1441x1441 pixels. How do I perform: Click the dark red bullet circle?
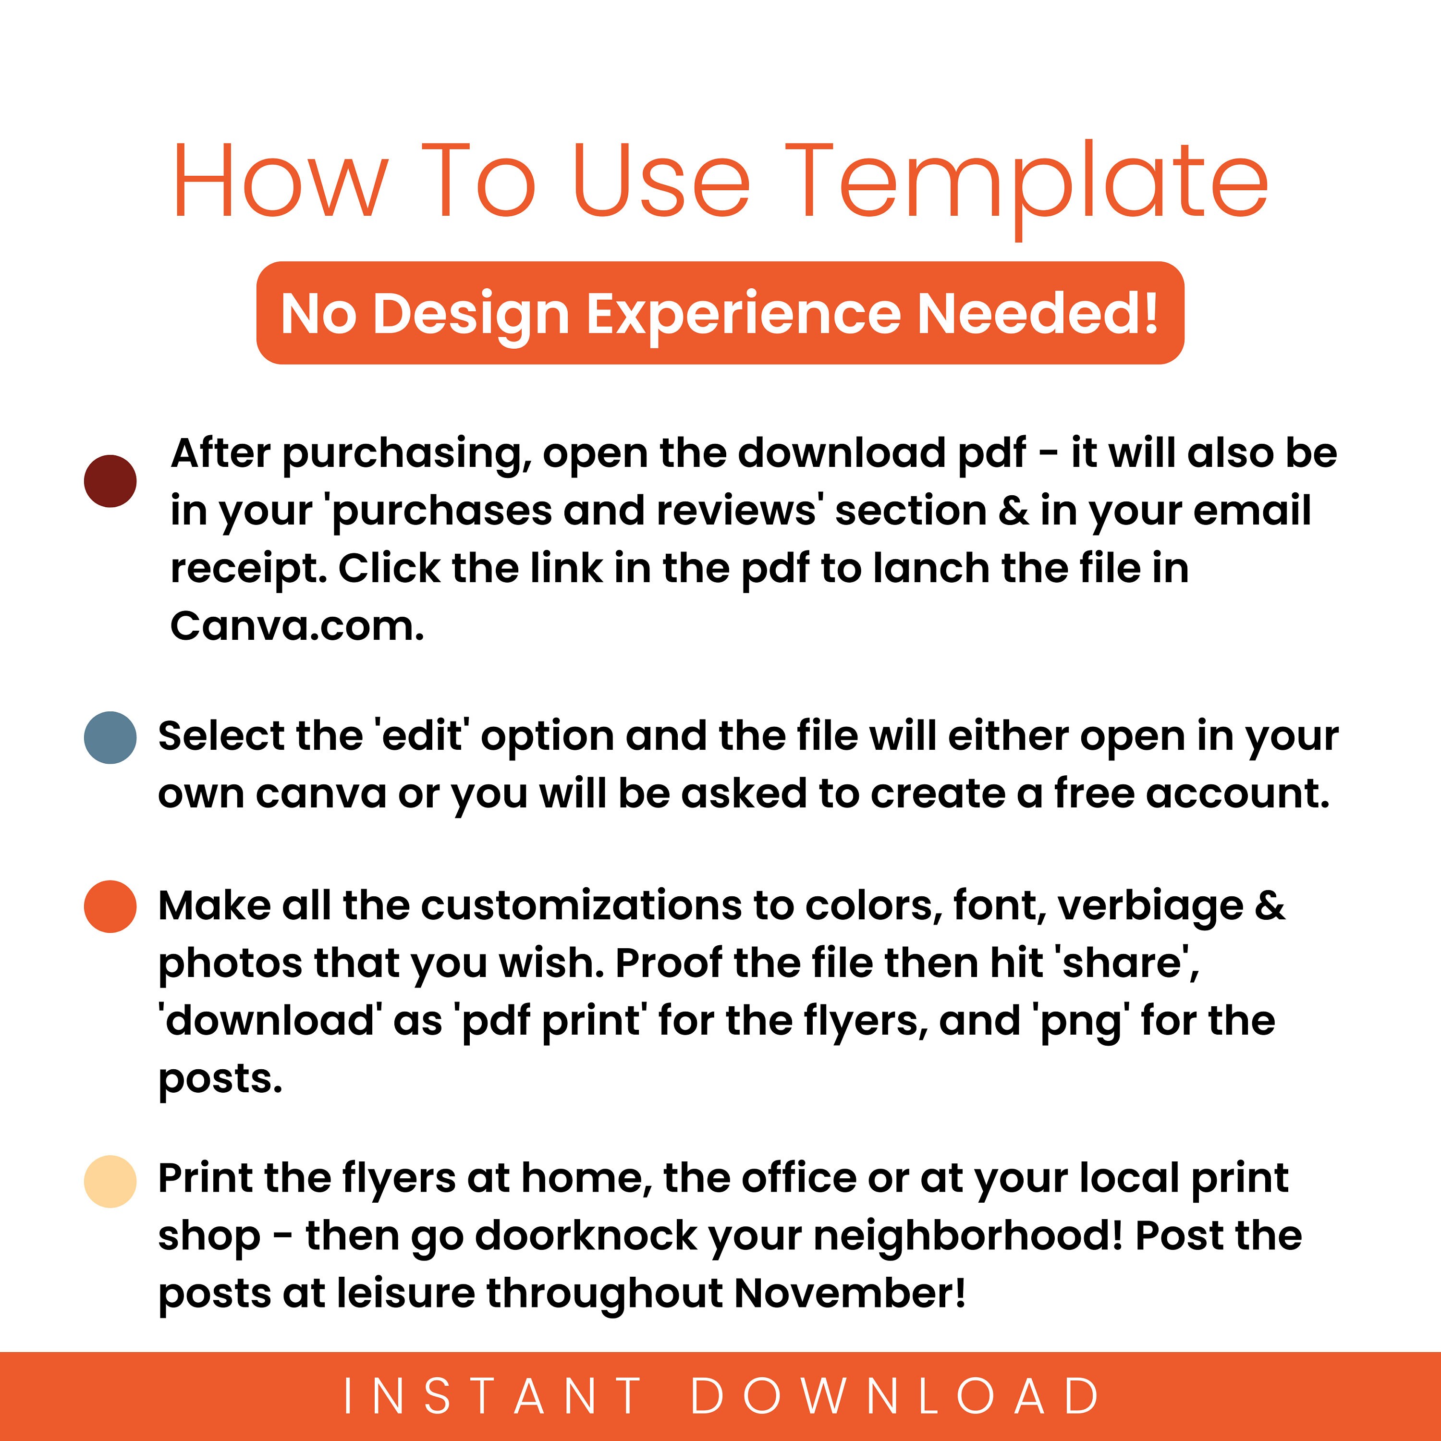[x=110, y=481]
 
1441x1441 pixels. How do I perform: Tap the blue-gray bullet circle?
[x=110, y=738]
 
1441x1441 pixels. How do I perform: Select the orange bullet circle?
[x=110, y=906]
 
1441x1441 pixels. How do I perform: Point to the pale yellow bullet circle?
[x=110, y=1182]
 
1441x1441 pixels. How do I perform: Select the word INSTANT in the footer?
[x=492, y=1395]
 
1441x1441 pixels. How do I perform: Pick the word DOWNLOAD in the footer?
[x=895, y=1395]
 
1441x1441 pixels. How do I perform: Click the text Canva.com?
[x=297, y=626]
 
